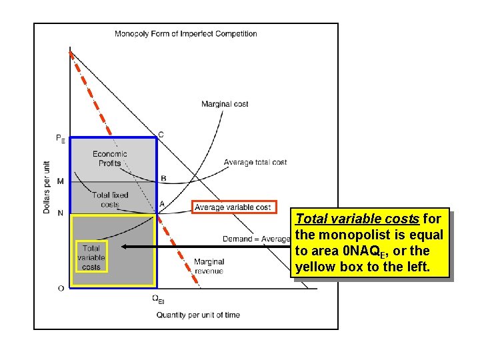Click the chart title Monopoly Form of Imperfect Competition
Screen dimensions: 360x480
point(186,34)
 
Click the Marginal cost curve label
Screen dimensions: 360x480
point(225,104)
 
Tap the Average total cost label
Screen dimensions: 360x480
point(255,162)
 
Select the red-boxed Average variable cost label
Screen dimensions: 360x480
point(233,207)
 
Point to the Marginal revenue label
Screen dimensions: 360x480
point(209,266)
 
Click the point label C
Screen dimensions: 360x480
point(161,135)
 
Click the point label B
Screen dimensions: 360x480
point(163,178)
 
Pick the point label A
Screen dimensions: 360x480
point(162,204)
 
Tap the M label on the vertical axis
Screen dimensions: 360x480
point(61,181)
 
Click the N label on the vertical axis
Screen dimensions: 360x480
point(61,213)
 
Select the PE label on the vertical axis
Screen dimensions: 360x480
point(60,139)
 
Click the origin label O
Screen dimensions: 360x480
point(61,288)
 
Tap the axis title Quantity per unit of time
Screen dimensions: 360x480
point(198,315)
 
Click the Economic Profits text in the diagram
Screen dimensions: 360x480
point(110,159)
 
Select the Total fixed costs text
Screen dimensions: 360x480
point(110,200)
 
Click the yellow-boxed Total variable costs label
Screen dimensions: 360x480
point(91,257)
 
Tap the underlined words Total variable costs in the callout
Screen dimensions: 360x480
point(357,219)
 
